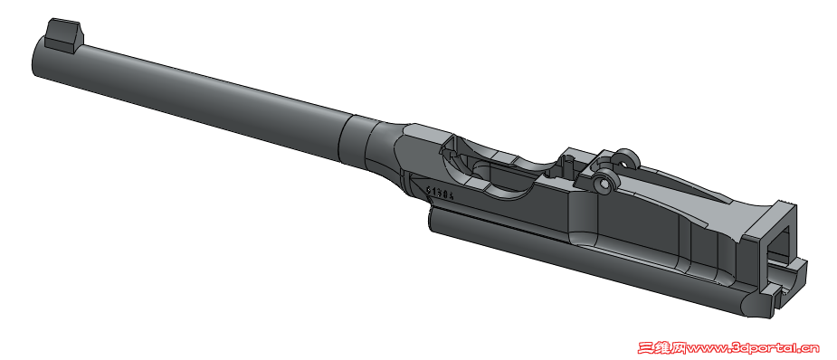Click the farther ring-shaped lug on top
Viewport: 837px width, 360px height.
pyautogui.click(x=624, y=160)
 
